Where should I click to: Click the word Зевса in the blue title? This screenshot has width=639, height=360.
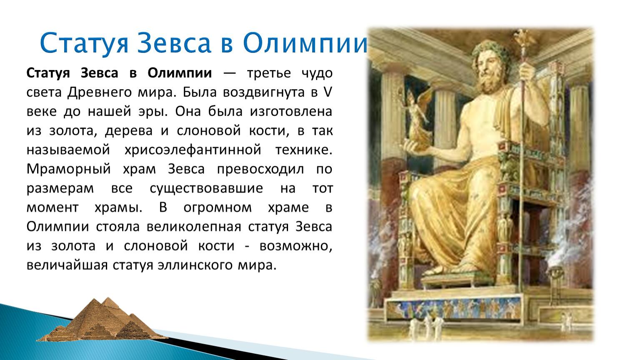tap(174, 43)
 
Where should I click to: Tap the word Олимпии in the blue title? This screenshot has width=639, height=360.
tap(305, 43)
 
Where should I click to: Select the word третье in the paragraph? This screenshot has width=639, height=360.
tap(269, 73)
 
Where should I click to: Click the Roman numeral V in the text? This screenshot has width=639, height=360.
tap(328, 92)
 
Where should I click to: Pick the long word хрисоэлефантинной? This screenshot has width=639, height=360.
tap(193, 150)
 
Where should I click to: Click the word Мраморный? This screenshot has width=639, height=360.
tap(68, 169)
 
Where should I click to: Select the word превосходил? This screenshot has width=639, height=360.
tap(260, 169)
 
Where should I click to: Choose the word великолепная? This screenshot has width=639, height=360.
tap(194, 227)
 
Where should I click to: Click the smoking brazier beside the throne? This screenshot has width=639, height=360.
tap(555, 274)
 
